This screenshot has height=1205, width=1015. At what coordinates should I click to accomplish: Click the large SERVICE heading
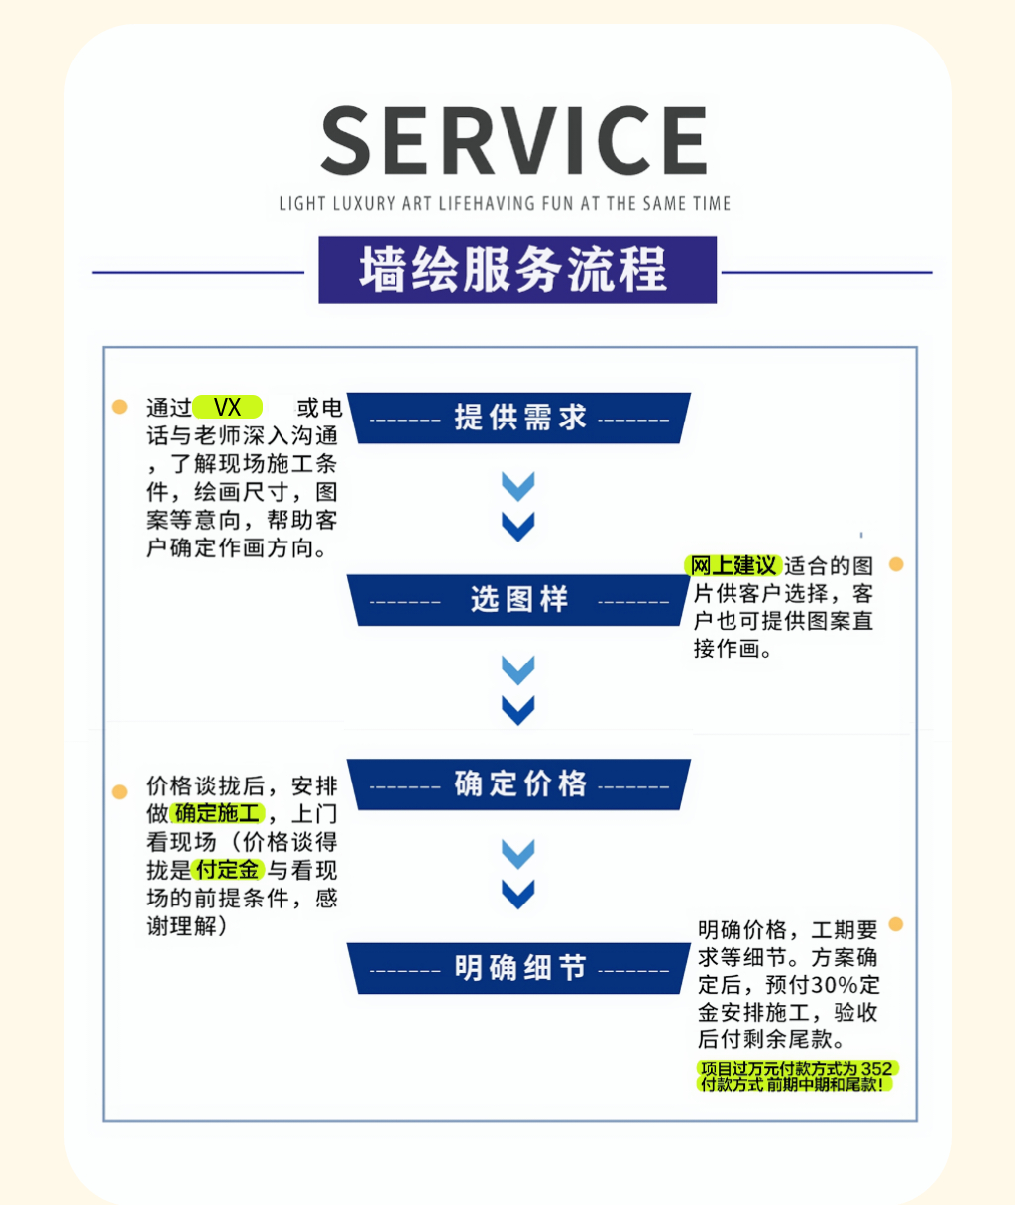pos(513,141)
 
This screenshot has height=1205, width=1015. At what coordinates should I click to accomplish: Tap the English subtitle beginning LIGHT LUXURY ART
pos(505,204)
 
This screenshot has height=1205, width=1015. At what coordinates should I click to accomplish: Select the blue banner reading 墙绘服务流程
pos(516,270)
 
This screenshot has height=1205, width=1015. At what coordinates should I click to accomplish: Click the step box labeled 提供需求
pos(519,419)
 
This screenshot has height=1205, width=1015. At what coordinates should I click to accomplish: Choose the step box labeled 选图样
pos(519,600)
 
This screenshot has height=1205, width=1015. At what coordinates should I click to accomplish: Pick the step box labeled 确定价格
pos(519,784)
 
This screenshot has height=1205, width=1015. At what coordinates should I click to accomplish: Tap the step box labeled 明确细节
pos(519,968)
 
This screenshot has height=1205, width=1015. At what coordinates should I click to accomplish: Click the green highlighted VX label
pos(228,408)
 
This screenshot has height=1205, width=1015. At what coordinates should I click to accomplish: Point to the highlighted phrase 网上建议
pos(733,566)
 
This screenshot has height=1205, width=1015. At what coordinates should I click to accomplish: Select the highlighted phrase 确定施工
pos(218,814)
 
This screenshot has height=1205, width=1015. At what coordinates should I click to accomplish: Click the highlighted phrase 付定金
pos(227,870)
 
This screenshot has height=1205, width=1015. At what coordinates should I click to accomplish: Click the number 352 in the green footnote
pos(876,1069)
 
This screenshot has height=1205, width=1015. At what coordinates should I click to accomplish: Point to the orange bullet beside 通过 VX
pos(120,407)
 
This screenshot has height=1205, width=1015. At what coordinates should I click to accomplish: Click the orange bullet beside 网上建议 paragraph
pos(896,564)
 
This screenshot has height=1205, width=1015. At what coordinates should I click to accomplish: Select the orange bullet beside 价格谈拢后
pos(120,791)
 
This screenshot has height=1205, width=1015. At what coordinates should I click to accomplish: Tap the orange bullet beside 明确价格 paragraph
pos(896,924)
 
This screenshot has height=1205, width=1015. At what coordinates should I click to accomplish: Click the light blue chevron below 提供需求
pos(518,486)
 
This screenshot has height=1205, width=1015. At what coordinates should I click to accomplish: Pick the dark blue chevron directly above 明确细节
pos(518,895)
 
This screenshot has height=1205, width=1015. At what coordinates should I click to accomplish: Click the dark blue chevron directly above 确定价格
pos(518,710)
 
